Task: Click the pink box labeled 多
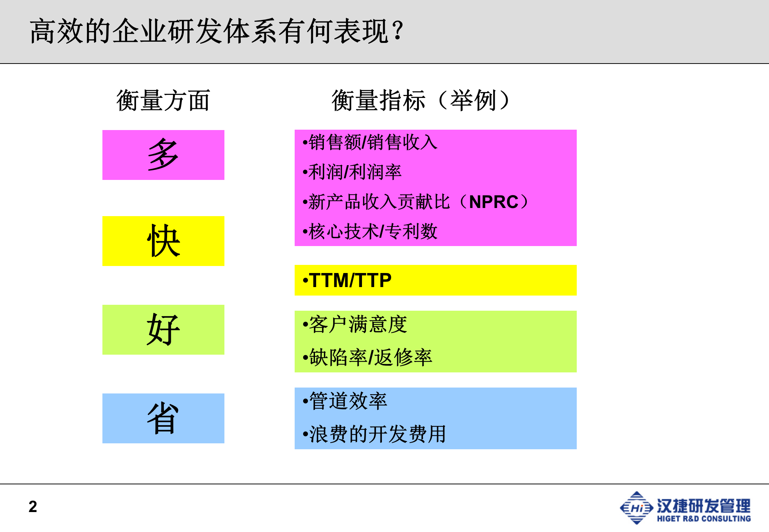163,155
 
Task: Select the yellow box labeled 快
163,241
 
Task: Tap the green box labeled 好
163,330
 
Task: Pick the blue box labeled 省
163,418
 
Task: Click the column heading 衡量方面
163,100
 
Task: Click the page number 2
33,507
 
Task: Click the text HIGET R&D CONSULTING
704,519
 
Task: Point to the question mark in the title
398,31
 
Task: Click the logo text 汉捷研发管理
704,505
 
